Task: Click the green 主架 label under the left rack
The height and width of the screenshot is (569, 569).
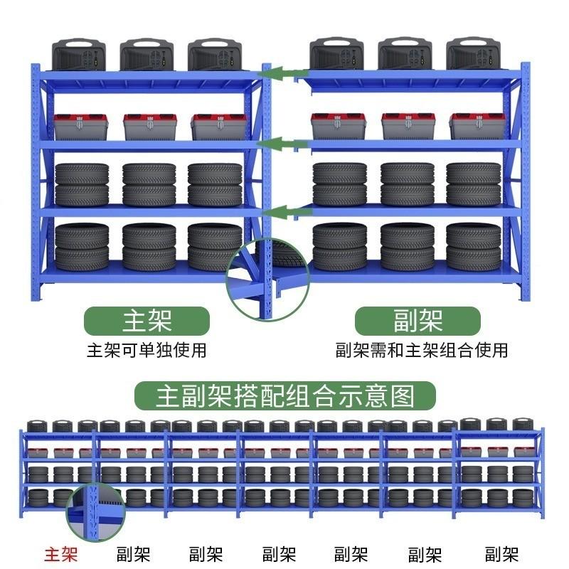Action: coord(147,321)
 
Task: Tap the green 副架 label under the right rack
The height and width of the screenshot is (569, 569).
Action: coord(418,321)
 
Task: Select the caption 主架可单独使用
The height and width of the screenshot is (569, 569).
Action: coord(147,350)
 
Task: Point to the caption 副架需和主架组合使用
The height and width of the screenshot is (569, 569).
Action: coord(422,350)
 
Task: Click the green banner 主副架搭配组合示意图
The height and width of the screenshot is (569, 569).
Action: coord(285,393)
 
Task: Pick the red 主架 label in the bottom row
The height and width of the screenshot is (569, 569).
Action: coord(61,553)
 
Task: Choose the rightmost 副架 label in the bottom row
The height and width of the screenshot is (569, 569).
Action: coord(501,553)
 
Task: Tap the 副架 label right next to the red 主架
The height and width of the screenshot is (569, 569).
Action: coord(134,553)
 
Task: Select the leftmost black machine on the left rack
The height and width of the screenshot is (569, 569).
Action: coord(79,55)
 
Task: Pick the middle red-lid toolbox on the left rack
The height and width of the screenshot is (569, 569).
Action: coord(149,127)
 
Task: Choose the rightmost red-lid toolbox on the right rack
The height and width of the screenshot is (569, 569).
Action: coord(477,126)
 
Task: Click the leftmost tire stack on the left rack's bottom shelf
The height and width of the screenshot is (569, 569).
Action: coord(82,247)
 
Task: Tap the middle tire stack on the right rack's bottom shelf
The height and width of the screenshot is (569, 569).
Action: coord(407,247)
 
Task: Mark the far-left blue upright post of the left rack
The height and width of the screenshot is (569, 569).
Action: coord(36,178)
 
